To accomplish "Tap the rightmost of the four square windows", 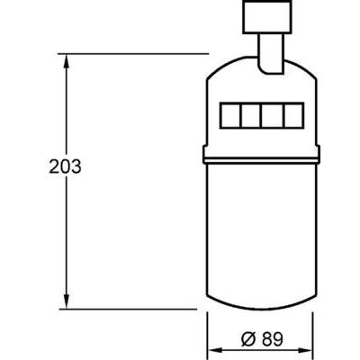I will [292, 117].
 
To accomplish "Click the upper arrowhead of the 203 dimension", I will [65, 61].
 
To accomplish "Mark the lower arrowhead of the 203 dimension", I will [65, 301].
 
